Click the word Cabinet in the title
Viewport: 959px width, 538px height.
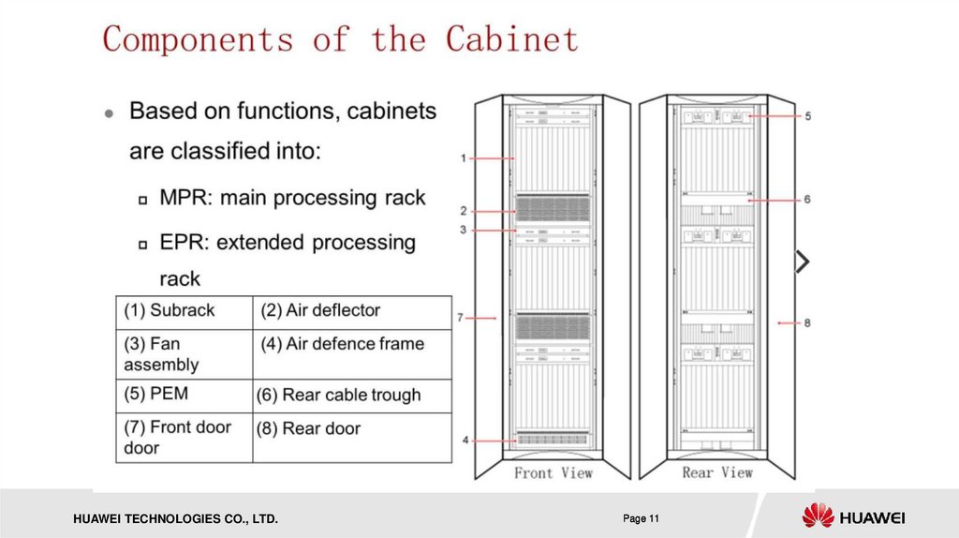tap(511, 39)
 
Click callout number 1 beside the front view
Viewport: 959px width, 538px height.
tap(464, 158)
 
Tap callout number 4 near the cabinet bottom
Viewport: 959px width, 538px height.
tap(465, 439)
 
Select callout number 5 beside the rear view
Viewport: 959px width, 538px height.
tap(807, 116)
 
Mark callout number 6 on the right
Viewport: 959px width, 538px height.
tap(807, 199)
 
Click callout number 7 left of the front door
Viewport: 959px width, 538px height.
tap(461, 319)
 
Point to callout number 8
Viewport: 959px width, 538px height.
tap(807, 322)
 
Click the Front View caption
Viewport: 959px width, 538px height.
tap(553, 473)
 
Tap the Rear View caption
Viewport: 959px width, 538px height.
tap(717, 473)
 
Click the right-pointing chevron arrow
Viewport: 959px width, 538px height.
tap(802, 262)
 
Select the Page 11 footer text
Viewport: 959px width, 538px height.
tap(642, 518)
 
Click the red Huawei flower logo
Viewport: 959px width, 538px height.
tap(818, 516)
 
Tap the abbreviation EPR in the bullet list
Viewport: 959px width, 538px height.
tap(184, 243)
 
